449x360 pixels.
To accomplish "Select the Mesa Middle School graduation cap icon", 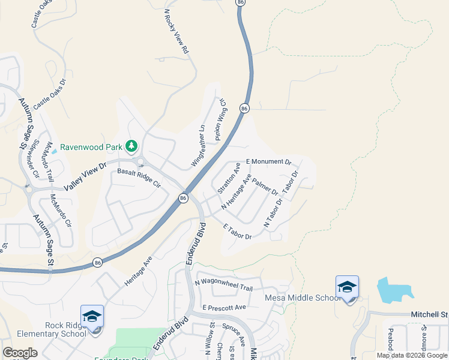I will [348, 287].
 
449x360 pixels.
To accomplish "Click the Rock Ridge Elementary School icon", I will [92, 316].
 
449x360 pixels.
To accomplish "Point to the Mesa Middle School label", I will [303, 298].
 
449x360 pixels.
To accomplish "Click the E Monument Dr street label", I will [269, 162].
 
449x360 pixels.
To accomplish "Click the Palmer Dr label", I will [265, 187].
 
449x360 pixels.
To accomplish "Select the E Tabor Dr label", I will [237, 232].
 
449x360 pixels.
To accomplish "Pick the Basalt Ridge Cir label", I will [139, 176].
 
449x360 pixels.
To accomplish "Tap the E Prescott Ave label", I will [224, 307].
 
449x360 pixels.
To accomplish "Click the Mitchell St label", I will [429, 314].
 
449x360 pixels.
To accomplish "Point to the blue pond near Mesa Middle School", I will [393, 290].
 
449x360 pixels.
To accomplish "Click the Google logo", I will [20, 353].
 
